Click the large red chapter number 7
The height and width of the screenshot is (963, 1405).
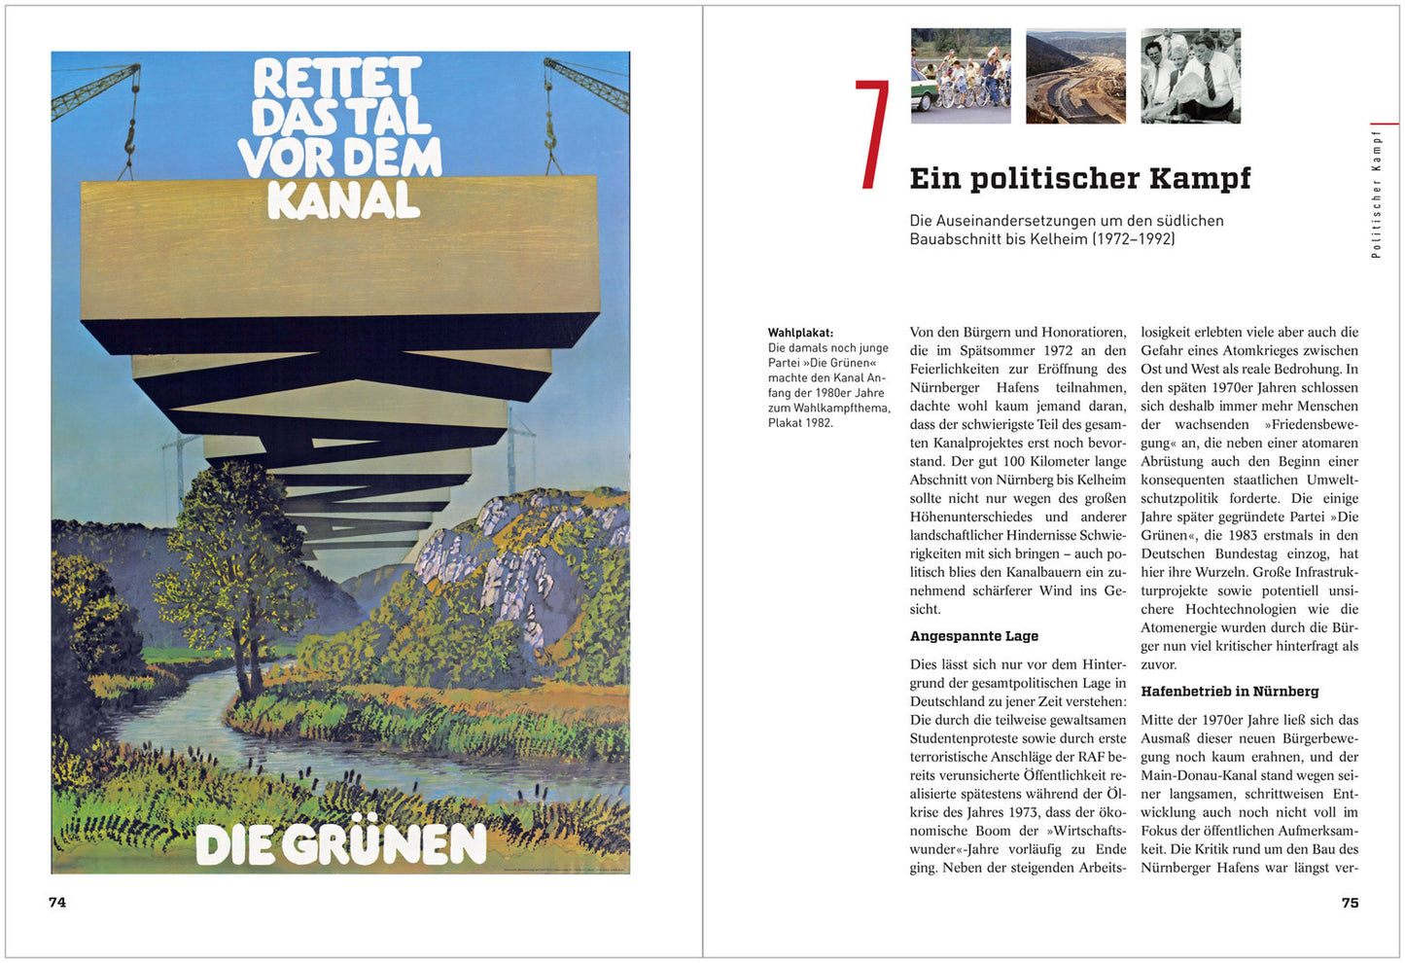pyautogui.click(x=872, y=135)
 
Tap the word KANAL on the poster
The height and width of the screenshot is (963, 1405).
pyautogui.click(x=343, y=199)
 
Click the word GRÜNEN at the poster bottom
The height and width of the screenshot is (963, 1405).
pyautogui.click(x=386, y=844)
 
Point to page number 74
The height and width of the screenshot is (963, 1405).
pyautogui.click(x=57, y=903)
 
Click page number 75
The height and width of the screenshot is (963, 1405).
pyautogui.click(x=1350, y=903)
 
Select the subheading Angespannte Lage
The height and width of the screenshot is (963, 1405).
pyautogui.click(x=973, y=636)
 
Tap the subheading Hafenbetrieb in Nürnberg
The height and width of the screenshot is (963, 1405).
pyautogui.click(x=1229, y=692)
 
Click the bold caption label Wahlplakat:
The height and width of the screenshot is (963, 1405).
pyautogui.click(x=800, y=333)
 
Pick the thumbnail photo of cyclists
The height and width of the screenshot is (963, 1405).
pyautogui.click(x=961, y=76)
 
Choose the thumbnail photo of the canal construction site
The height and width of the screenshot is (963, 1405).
pyautogui.click(x=1075, y=76)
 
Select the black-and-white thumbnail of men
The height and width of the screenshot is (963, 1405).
pyautogui.click(x=1190, y=76)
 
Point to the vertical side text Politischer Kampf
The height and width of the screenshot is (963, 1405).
pyautogui.click(x=1376, y=194)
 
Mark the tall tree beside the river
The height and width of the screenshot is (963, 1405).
pyautogui.click(x=233, y=564)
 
